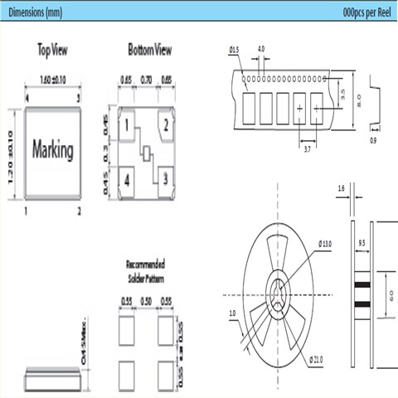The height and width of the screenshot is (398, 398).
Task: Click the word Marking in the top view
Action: coord(52,151)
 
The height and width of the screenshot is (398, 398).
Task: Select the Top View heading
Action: coord(53,51)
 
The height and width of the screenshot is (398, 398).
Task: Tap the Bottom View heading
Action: coord(150,51)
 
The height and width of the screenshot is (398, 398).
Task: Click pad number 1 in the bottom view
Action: coord(128,126)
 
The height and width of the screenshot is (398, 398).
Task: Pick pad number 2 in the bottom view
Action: coord(167,126)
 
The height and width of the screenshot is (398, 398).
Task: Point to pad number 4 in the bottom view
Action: coord(128,179)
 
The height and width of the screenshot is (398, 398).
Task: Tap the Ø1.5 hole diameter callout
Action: coord(233,51)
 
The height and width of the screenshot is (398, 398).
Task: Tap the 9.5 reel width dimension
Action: coord(362,245)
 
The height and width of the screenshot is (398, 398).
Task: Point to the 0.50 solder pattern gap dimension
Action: coord(147,301)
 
